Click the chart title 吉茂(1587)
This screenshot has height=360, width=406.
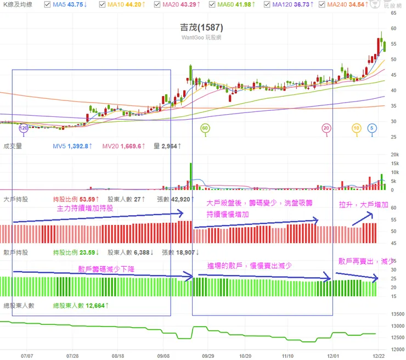[202, 27]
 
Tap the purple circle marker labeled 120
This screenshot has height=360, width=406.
[23, 128]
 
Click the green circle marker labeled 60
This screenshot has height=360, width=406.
[205, 128]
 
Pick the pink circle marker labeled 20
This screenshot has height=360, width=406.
[326, 128]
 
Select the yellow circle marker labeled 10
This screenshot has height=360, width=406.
[356, 128]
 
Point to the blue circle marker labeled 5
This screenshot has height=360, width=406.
[371, 128]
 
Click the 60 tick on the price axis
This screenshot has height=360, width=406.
[393, 28]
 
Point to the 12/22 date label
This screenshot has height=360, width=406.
[379, 356]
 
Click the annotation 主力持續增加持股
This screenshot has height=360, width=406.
[86, 209]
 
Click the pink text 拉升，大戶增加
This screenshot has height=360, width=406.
[363, 205]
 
